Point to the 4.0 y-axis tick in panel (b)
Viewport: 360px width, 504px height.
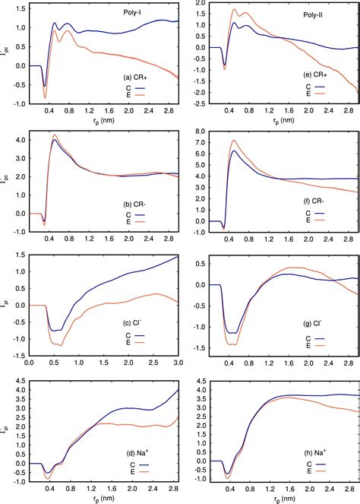tap(18, 140)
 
